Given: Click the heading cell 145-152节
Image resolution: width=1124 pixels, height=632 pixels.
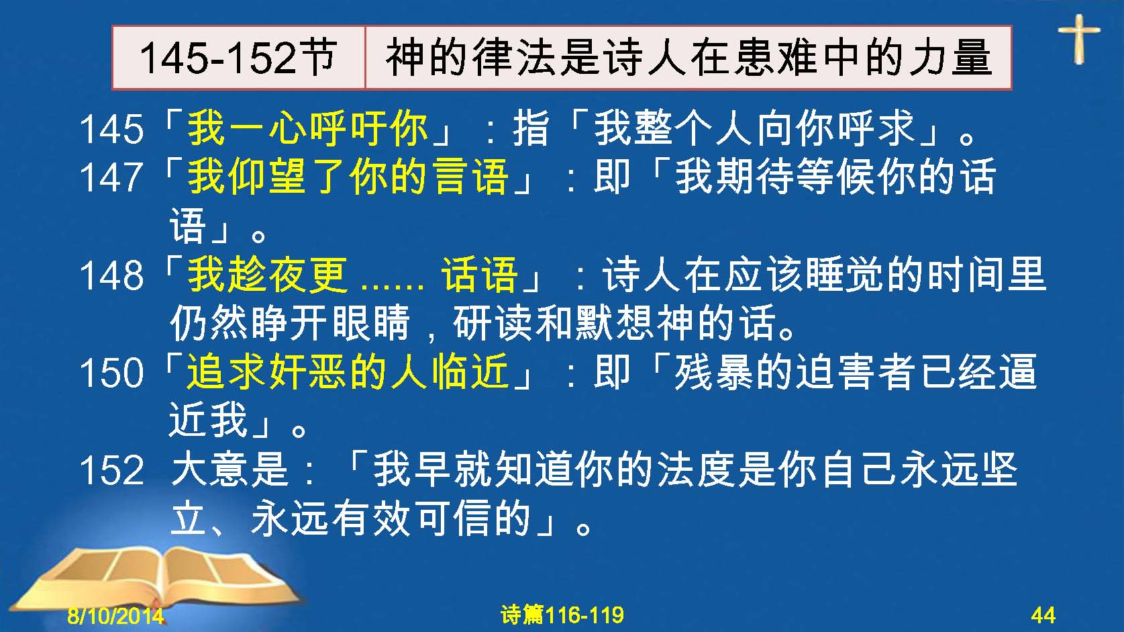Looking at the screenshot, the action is (239, 57).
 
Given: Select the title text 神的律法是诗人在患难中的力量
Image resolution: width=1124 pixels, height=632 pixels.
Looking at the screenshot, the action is (688, 57).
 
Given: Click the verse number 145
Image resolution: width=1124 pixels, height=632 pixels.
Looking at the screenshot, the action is (111, 129).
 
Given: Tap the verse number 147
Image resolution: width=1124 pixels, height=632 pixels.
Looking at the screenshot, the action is (111, 177).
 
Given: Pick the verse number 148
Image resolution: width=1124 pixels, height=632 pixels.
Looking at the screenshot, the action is (111, 275).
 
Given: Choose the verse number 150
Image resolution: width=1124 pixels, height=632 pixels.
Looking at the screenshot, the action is (111, 372).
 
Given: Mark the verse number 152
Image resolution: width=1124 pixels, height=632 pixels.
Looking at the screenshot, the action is (111, 470).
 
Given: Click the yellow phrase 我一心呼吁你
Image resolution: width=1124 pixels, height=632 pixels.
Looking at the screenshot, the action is (307, 128).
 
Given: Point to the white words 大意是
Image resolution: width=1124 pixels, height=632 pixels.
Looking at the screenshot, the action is (229, 469).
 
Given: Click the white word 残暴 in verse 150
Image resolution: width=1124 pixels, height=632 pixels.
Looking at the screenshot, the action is (714, 372).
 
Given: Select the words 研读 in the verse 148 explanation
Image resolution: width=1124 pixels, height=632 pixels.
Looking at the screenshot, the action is (493, 322).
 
